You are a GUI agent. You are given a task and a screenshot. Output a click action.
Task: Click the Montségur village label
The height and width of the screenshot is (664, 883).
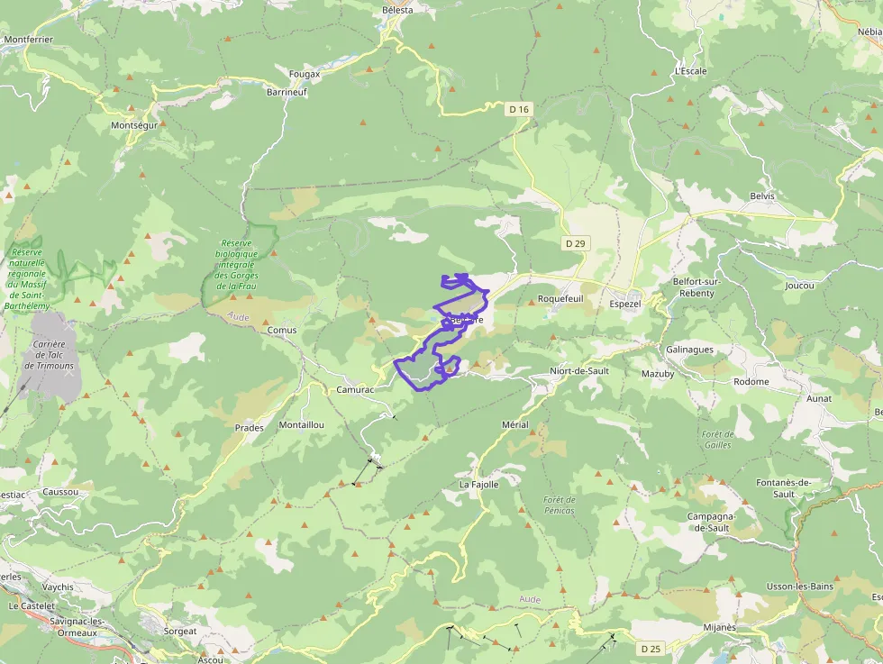(133, 125)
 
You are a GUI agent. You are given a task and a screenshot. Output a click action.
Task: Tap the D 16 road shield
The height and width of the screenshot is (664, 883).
(519, 109)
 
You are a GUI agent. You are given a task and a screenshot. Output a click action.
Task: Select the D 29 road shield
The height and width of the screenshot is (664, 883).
(575, 243)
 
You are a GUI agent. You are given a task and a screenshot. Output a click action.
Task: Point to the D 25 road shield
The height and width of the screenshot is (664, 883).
(651, 648)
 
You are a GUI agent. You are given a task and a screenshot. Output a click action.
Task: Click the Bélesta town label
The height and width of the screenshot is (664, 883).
(397, 10)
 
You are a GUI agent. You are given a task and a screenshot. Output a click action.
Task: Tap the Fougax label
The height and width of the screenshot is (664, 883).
(305, 74)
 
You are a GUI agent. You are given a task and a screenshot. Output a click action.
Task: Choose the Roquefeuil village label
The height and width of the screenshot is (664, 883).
(560, 298)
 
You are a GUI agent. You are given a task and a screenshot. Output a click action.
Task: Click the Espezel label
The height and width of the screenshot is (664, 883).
(624, 304)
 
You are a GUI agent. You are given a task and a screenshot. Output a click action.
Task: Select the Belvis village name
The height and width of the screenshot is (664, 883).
(762, 196)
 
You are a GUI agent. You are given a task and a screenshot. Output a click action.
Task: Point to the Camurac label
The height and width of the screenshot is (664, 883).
(354, 389)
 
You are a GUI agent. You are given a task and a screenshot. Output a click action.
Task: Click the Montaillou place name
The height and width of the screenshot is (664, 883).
(301, 424)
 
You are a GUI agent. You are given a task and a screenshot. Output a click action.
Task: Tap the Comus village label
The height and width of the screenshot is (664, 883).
(282, 331)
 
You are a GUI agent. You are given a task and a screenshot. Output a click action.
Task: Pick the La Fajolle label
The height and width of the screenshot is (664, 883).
(478, 484)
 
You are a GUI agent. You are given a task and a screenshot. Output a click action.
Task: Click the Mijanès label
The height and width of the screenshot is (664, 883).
(719, 627)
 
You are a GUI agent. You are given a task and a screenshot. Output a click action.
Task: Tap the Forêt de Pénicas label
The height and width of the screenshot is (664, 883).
(560, 505)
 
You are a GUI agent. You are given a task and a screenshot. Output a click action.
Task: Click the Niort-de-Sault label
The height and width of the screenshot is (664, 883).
(579, 371)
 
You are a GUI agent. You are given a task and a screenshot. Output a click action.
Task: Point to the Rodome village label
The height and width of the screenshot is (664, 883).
(751, 381)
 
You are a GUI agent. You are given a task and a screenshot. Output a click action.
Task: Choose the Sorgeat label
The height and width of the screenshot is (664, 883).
(180, 632)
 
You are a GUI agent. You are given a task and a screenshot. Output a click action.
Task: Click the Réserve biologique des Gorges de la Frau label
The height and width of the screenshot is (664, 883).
(239, 264)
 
